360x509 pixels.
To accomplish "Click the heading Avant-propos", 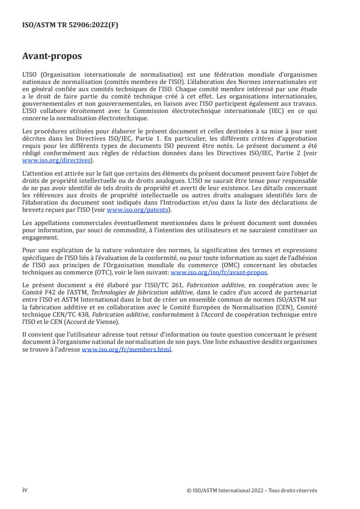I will (x=52, y=56).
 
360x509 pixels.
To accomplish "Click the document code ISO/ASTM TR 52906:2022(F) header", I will (x=70, y=25).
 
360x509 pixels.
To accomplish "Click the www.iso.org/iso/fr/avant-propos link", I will (x=219, y=272).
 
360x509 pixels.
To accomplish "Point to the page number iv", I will (x=25, y=490).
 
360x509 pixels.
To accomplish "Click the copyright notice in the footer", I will (x=252, y=490).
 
